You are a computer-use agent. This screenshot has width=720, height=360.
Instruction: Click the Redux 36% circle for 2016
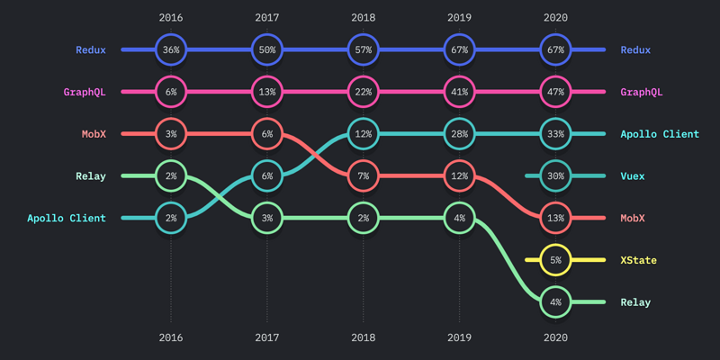click(x=171, y=50)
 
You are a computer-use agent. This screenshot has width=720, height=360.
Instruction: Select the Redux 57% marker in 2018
click(x=364, y=50)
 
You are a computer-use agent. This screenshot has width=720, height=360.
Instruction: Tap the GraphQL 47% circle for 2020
click(x=556, y=92)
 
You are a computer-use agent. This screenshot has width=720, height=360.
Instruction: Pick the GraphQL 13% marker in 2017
click(x=267, y=92)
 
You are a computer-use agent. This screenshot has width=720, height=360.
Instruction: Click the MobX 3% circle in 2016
click(x=171, y=134)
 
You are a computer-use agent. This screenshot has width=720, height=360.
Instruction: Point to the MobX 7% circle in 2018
click(x=364, y=176)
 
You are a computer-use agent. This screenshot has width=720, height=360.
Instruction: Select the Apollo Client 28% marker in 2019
click(x=460, y=134)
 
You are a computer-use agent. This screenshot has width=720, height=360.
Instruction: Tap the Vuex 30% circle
click(x=556, y=176)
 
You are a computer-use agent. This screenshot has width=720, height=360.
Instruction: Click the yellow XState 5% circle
click(x=556, y=260)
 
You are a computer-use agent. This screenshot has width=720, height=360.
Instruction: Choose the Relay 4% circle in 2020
click(x=556, y=302)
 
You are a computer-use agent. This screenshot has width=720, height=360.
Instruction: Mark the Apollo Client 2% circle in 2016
click(x=171, y=218)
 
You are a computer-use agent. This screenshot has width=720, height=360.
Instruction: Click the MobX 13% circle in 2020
click(x=556, y=218)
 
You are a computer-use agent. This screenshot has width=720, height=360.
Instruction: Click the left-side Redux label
click(x=91, y=50)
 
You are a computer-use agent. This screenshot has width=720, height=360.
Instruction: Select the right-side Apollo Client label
click(x=660, y=134)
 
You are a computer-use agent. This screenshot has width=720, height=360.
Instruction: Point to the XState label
click(x=638, y=260)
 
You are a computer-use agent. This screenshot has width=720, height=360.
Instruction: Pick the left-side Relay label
click(x=91, y=176)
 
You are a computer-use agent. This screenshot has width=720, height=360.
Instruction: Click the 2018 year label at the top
click(x=364, y=17)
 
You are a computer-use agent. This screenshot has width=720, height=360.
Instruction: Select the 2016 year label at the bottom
click(x=171, y=338)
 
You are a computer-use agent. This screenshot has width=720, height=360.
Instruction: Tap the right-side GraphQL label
click(x=642, y=92)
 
